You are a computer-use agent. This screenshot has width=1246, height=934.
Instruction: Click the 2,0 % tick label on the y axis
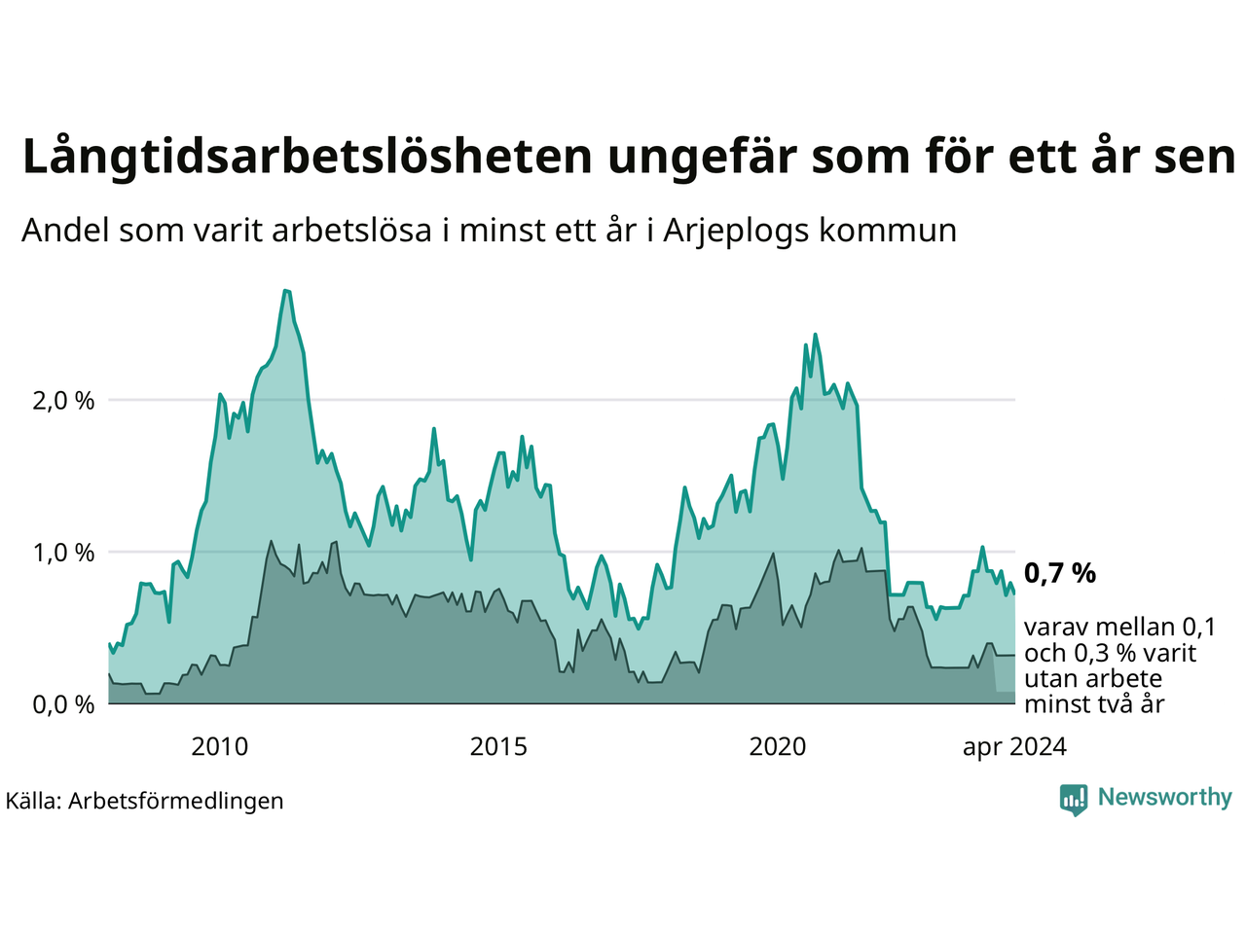[63, 401]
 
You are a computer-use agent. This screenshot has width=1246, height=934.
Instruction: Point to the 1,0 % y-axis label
[63, 553]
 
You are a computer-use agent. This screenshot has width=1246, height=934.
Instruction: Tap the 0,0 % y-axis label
[63, 704]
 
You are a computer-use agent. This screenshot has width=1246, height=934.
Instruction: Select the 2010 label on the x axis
[220, 747]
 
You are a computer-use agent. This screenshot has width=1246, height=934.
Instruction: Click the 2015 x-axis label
[498, 747]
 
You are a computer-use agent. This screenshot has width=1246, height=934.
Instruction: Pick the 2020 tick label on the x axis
[778, 747]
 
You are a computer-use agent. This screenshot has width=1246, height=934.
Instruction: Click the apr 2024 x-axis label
[1014, 747]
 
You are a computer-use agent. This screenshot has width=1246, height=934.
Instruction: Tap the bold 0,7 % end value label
[1059, 574]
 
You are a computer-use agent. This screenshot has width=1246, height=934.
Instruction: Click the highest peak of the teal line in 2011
[285, 290]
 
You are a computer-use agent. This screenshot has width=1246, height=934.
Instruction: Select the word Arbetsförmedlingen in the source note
[176, 801]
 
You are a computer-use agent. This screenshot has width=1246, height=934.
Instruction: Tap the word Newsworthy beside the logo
[1164, 798]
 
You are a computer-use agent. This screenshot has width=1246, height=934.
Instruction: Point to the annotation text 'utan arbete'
[1093, 678]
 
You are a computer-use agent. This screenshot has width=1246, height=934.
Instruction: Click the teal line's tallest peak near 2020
[815, 335]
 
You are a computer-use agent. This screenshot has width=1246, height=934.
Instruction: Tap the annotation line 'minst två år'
[1094, 703]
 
